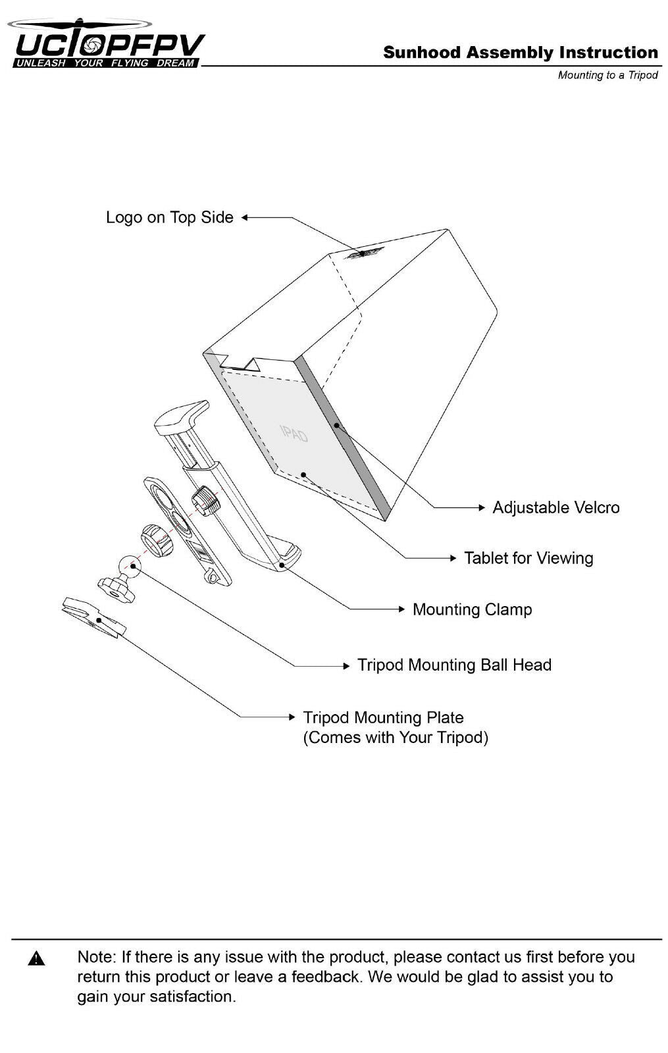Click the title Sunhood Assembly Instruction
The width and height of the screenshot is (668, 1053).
pos(520,53)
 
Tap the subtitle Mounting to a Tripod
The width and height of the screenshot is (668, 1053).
pos(607,75)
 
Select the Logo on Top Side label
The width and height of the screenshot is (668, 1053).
pos(169,217)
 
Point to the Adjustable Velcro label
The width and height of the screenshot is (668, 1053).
pos(555,507)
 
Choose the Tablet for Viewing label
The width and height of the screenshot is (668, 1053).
pos(528,558)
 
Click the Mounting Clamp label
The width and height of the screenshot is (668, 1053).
pos(472,609)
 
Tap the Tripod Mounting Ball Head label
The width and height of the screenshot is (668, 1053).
pos(454,665)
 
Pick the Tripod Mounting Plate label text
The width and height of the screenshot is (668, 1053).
pos(383,717)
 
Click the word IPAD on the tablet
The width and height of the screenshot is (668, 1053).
pos(294,433)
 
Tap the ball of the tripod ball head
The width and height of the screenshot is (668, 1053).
pos(130,565)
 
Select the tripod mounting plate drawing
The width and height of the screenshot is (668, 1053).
pos(92,617)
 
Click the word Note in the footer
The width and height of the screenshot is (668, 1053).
pos(97,957)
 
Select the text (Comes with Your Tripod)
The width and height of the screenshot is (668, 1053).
pos(396,737)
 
